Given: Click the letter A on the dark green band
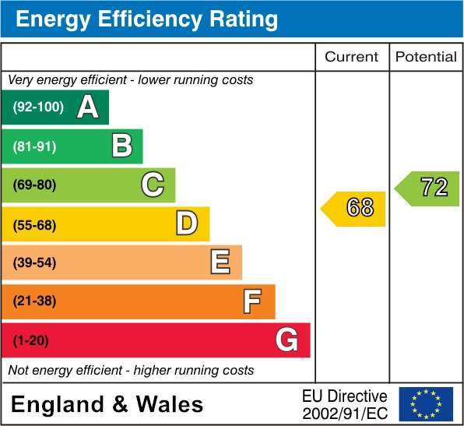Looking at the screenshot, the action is pos(88,107).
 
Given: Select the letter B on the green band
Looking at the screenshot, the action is pos(122,146).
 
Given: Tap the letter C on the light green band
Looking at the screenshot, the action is pos(153,185).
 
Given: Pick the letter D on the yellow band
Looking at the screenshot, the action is pos(187,223).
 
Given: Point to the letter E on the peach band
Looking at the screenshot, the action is pos(220,262).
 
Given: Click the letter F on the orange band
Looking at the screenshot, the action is pos(252,301).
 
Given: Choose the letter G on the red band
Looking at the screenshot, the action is pos(286,340).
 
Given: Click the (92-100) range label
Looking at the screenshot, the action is pos(38,107).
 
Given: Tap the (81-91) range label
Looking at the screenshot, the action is pos(34,146).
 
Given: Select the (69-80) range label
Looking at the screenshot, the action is pos(34,185).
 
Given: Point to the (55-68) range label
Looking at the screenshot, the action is pos(34,225).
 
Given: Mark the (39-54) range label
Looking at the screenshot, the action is pos(34,262).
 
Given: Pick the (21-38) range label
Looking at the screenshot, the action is pos(34,301).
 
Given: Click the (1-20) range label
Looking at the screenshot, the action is pos(31,340).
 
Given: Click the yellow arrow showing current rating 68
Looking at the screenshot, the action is pos(353,209).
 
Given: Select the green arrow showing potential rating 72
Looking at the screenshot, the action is pos(427,188).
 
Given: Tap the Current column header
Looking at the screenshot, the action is pos(352,57).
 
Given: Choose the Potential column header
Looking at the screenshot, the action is pos(426,57).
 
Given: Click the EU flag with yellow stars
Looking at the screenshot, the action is pos(426,403).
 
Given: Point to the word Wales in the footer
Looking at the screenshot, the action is pos(170,404).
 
